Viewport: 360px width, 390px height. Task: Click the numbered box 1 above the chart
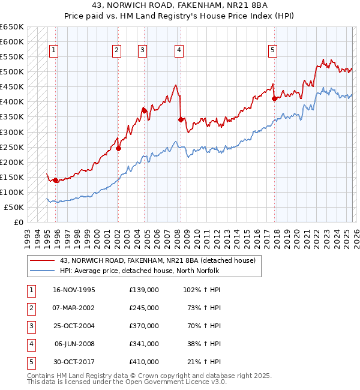click(54, 51)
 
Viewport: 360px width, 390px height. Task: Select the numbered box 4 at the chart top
click(179, 51)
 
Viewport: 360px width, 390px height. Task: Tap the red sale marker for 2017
click(274, 99)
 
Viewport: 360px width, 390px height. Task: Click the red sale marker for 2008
click(181, 119)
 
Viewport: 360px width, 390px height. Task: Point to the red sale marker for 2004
click(145, 110)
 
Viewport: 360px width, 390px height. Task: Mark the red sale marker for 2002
click(118, 148)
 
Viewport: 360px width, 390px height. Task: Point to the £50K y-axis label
click(14, 207)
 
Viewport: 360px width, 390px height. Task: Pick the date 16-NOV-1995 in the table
click(74, 290)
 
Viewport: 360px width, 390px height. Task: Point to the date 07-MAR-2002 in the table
click(74, 308)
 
